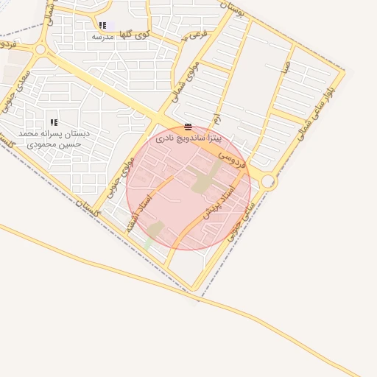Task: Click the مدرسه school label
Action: pos(102,35)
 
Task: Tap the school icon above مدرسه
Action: pos(102,25)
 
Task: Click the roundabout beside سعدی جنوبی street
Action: pos(40,50)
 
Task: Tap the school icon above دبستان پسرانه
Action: pos(53,122)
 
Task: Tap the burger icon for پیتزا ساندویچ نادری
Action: pos(188,127)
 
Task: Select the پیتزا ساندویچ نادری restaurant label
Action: pos(188,138)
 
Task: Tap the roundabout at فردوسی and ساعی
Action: pos(268,182)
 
